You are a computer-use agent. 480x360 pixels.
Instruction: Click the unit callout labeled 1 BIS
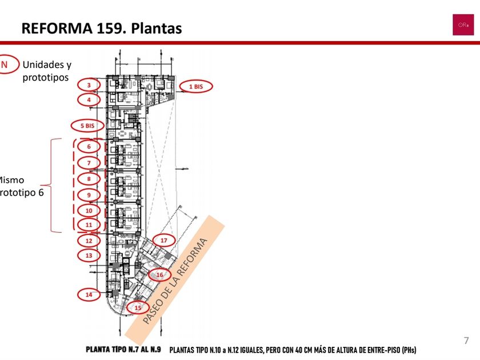(195, 87)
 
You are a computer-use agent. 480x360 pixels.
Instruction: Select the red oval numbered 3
(89, 85)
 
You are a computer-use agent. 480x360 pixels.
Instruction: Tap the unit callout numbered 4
(89, 99)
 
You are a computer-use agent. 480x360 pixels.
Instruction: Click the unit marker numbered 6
(89, 146)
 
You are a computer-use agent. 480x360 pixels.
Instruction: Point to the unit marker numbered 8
(89, 178)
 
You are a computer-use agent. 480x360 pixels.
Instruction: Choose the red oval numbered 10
(89, 210)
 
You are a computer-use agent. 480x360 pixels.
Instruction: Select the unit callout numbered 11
(89, 225)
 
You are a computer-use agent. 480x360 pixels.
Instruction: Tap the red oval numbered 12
(89, 241)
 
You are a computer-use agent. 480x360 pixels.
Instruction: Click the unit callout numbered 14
(89, 295)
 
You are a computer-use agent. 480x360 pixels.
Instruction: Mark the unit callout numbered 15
(138, 307)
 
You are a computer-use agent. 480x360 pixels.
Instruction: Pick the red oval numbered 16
(159, 275)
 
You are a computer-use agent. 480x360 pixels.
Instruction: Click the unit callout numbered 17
(163, 241)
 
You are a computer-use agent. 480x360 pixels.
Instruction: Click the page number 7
(466, 341)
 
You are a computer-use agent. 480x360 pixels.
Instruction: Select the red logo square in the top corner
(463, 25)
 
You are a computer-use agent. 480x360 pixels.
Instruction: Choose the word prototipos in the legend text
(46, 77)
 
